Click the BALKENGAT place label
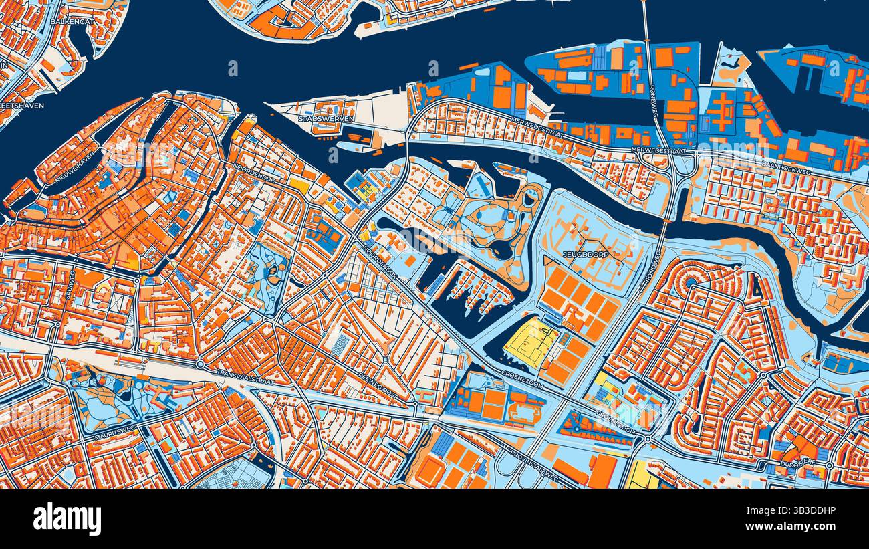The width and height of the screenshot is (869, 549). tap(72, 21)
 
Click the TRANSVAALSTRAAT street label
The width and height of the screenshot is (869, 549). tap(241, 375)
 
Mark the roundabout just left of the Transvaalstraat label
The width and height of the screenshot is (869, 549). tap(200, 364)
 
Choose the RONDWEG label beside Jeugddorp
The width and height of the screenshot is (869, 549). tap(646, 273)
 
